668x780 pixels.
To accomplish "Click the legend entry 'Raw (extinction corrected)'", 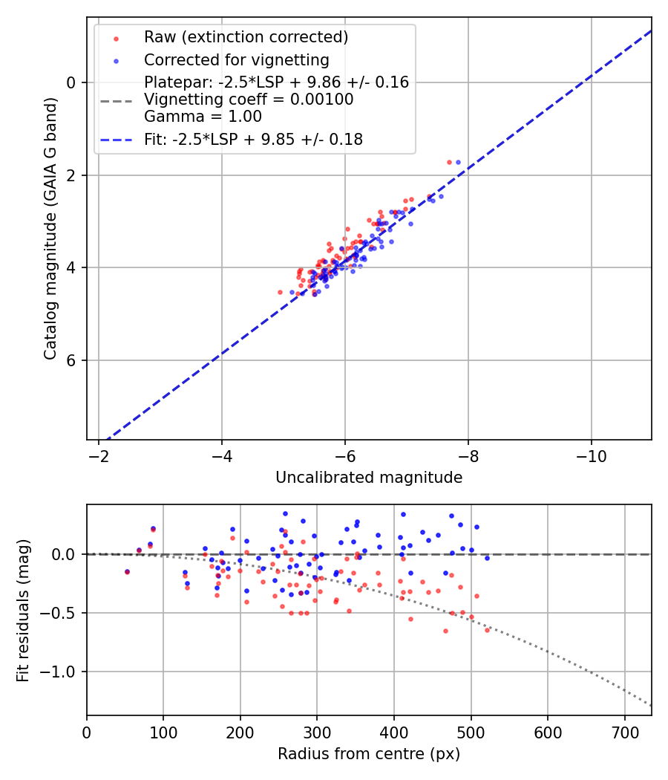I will point(246,37).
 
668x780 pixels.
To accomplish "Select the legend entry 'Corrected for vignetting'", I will point(237,59).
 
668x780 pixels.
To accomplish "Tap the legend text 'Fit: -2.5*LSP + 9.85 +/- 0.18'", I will point(253,139).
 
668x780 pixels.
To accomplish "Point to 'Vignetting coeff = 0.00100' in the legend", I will point(249,100).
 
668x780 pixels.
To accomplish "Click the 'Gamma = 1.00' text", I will point(203,116).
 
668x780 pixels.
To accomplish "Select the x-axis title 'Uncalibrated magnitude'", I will point(369,478).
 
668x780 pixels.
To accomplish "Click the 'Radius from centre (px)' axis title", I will point(369,754).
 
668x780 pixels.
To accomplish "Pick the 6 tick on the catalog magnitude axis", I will point(71,360).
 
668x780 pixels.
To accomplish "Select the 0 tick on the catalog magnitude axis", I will point(71,82).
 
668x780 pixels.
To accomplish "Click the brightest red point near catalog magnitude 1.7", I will point(449,162).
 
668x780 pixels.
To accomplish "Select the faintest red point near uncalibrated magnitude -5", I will point(280,292).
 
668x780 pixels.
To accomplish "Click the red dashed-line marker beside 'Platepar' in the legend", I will point(116,100).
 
